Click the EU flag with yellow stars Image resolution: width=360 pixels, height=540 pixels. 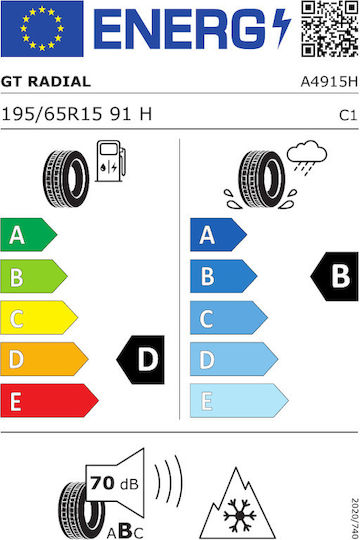click(x=42, y=29)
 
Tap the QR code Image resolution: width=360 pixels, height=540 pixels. click(x=330, y=29)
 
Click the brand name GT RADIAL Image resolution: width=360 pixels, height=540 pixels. click(x=46, y=82)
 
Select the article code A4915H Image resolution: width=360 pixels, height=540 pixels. click(x=329, y=82)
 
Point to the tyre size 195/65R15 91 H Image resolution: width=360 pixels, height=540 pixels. click(x=76, y=114)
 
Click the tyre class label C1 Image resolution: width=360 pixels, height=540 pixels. click(x=348, y=115)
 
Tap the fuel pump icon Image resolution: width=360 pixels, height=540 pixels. click(x=111, y=161)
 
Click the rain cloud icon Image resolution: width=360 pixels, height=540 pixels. click(x=307, y=157)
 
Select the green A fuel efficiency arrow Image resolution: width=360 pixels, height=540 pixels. click(x=29, y=235)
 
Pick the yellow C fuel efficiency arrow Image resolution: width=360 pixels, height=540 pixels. click(x=39, y=318)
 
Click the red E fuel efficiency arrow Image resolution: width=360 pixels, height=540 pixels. click(x=49, y=400)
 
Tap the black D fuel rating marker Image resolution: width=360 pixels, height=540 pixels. click(x=141, y=360)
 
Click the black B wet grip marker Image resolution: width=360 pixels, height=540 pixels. click(x=335, y=277)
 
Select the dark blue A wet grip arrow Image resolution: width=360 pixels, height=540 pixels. click(x=218, y=235)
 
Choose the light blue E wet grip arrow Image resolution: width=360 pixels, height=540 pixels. click(x=239, y=400)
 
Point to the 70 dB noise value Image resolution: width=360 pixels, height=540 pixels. click(x=114, y=483)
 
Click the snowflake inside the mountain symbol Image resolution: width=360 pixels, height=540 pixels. click(x=240, y=515)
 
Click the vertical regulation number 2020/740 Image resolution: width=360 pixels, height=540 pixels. click(x=355, y=518)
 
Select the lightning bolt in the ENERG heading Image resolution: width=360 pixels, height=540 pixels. click(x=281, y=29)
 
